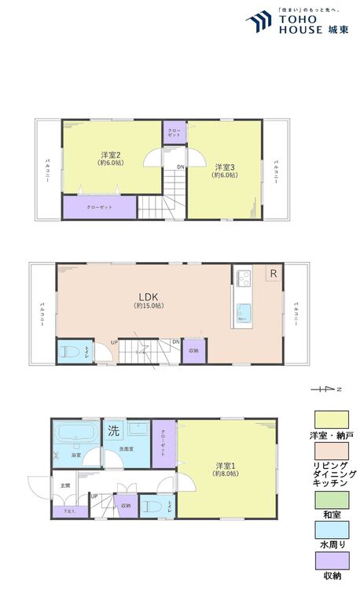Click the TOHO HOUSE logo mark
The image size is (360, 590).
click(259, 21)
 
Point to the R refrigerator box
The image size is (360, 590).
click(273, 274)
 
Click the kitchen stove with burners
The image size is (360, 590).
click(242, 277)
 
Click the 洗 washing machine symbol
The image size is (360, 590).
click(113, 432)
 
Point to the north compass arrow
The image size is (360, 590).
click(323, 389)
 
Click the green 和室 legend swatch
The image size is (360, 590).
click(331, 500)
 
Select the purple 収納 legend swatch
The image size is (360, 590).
click(331, 561)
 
